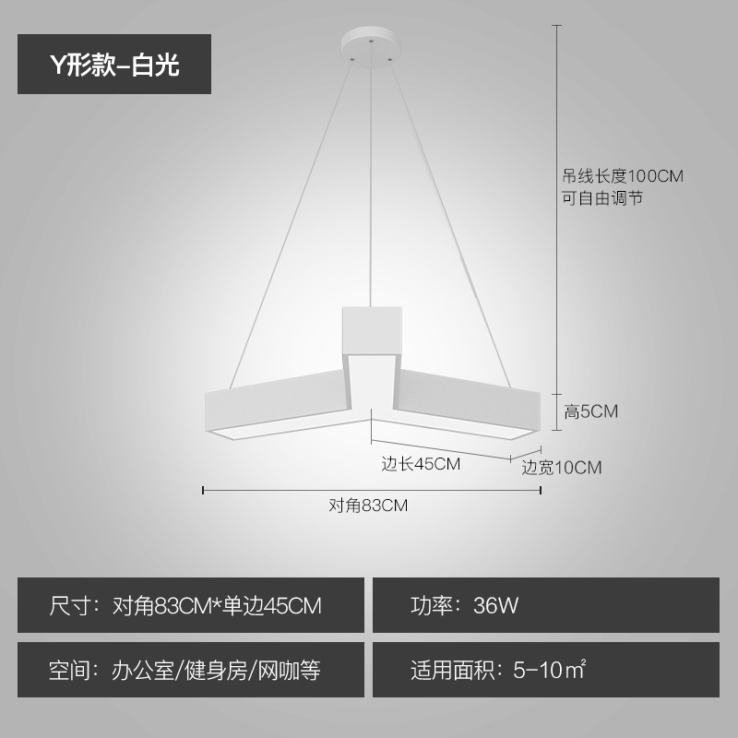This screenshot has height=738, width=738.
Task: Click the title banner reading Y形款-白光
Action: tap(114, 64)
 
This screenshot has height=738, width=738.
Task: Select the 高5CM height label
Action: tap(590, 411)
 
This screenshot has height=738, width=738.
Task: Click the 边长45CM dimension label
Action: tap(421, 464)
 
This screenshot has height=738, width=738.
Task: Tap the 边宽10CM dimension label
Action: tap(561, 468)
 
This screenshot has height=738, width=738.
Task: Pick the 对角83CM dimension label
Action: tap(368, 506)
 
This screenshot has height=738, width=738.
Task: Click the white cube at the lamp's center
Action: tap(372, 327)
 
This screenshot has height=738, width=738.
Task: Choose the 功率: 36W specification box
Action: tap(545, 605)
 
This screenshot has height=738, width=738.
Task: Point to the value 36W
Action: tap(496, 606)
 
